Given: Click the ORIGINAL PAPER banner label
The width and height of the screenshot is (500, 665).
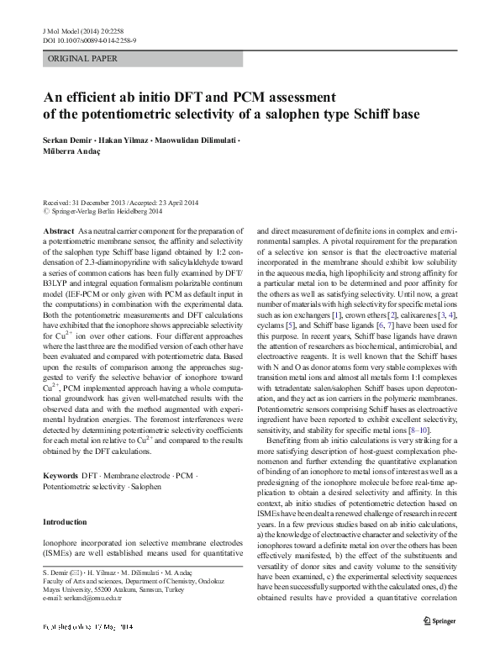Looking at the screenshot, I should point(82,59).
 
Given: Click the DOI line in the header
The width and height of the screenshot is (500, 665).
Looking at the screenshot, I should point(89,40).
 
